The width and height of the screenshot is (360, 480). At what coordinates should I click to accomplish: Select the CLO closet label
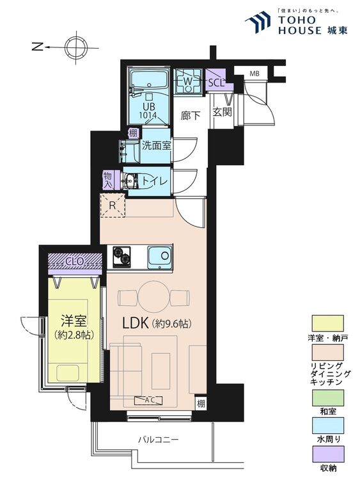pyautogui.click(x=74, y=261)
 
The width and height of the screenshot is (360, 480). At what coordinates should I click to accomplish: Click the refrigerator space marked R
pyautogui.click(x=113, y=205)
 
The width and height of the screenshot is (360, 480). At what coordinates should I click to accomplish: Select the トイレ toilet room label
pyautogui.click(x=155, y=180)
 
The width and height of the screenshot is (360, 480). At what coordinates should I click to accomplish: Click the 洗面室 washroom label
pyautogui.click(x=156, y=145)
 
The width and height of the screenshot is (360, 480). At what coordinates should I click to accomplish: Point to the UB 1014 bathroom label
pyautogui.click(x=148, y=111)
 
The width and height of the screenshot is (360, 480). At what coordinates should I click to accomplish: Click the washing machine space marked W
pyautogui.click(x=188, y=81)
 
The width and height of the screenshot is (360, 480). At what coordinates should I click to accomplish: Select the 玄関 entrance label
pyautogui.click(x=223, y=112)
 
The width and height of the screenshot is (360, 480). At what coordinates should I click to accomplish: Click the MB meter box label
pyautogui.click(x=254, y=74)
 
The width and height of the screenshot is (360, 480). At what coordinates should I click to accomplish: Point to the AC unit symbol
pyautogui.click(x=149, y=400)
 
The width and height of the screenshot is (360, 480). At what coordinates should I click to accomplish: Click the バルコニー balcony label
pyautogui.click(x=158, y=440)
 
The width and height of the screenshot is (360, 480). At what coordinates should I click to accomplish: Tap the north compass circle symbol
pyautogui.click(x=76, y=47)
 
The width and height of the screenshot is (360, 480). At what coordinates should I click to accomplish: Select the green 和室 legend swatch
pyautogui.click(x=328, y=397)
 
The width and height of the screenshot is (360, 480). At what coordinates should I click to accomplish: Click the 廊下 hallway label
pyautogui.click(x=191, y=115)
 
